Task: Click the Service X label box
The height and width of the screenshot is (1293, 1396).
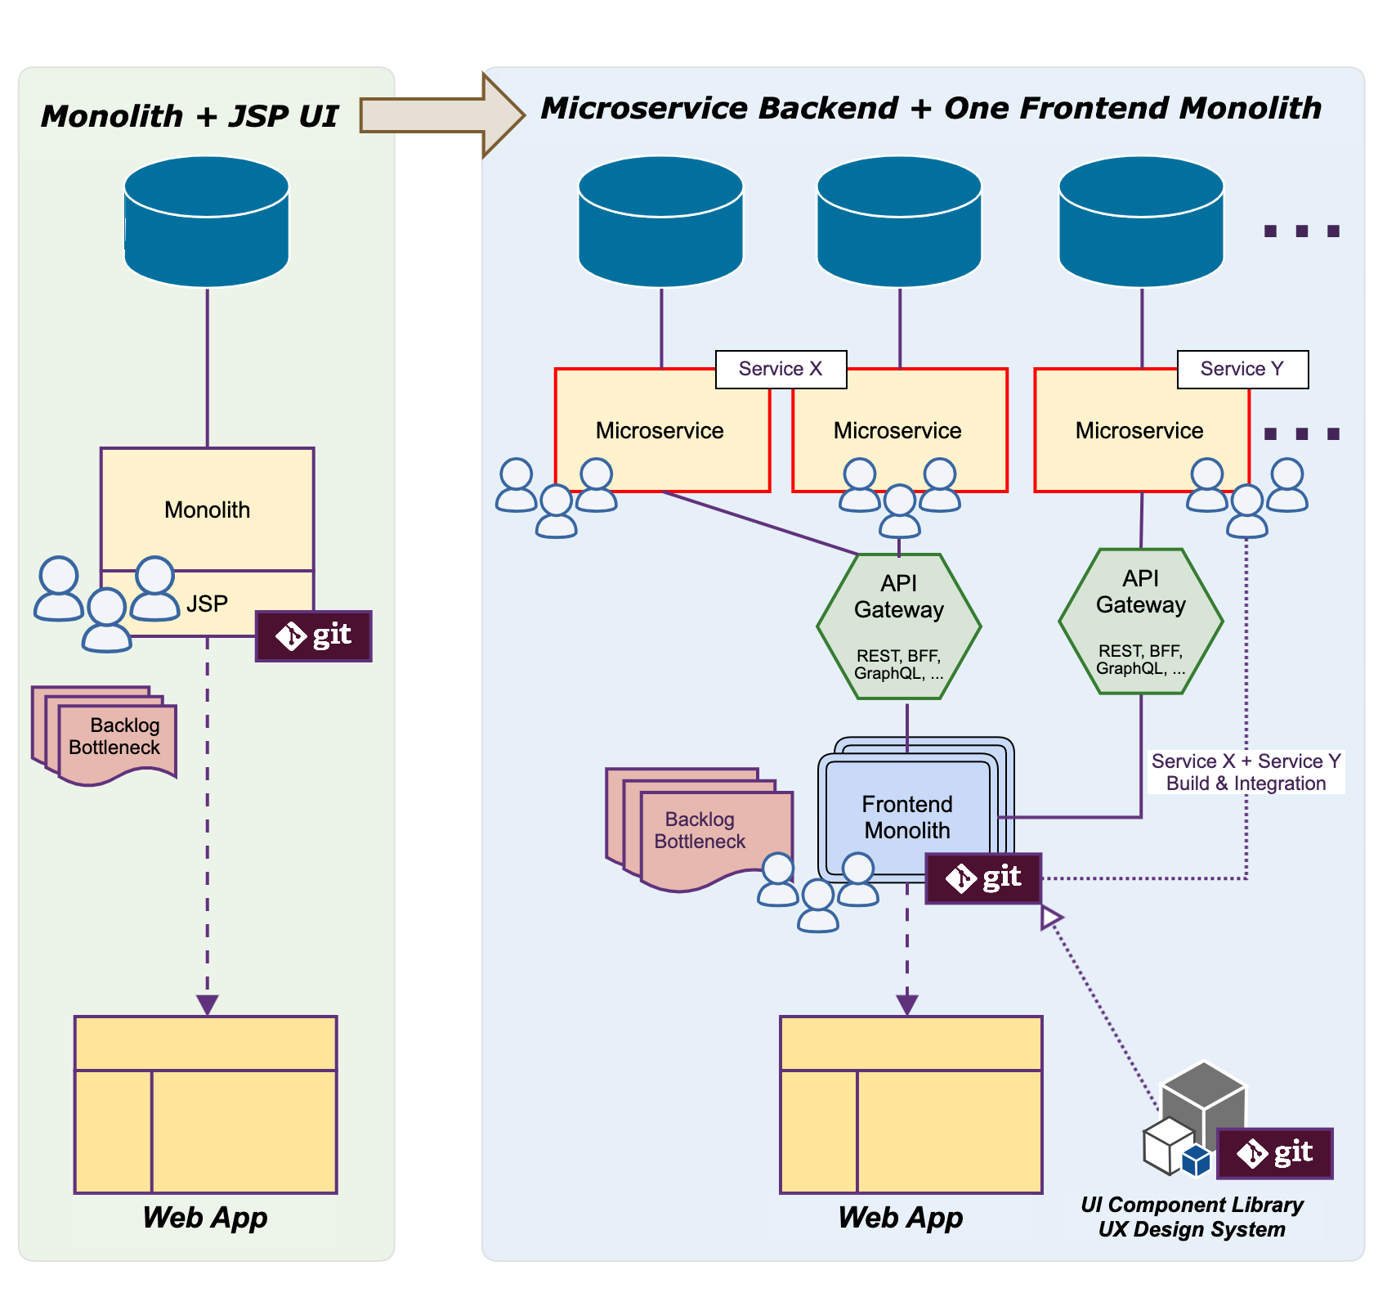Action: coord(781,369)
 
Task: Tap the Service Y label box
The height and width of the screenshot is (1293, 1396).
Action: coord(1242,369)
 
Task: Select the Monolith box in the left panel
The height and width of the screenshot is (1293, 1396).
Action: coord(208,509)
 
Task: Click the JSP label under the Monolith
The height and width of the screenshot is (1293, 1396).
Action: coord(207,604)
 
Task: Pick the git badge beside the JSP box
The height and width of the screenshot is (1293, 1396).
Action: coord(314,635)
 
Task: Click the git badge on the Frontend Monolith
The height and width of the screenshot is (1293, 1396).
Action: coord(983,878)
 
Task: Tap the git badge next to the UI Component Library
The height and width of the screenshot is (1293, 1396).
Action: coord(1274,1152)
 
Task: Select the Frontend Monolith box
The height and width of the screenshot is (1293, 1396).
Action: coord(907,816)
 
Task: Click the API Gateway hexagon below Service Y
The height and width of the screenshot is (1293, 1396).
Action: coord(1141,622)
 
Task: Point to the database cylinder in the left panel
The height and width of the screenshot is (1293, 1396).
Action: coord(207,222)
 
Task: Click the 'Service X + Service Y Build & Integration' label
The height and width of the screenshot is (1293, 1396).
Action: coord(1246,772)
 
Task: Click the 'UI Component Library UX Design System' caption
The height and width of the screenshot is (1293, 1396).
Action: coord(1192,1217)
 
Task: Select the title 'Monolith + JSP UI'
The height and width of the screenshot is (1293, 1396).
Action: coord(189,116)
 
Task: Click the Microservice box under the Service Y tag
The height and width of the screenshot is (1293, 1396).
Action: coord(1139,431)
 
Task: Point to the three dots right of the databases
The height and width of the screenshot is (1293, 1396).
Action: coord(1301,231)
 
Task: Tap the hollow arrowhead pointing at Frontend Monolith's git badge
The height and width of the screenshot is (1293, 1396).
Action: coord(1050,917)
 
